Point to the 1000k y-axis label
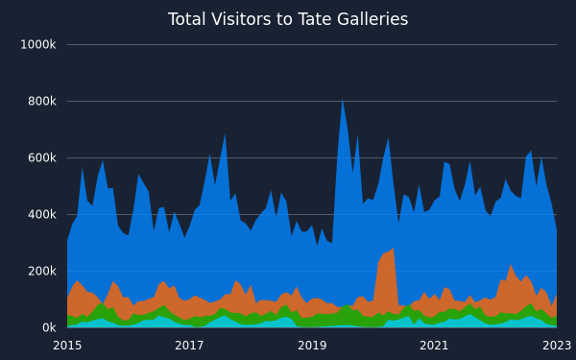37,45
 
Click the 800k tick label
42,102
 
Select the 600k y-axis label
42,158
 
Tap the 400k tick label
42,214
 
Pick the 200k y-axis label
42,271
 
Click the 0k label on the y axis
49,327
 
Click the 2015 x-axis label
67,346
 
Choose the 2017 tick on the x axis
189,346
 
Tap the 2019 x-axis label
312,346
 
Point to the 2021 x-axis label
434,346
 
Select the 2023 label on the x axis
557,346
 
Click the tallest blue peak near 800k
342,99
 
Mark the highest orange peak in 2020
394,249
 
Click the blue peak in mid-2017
225,134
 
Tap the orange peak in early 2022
511,265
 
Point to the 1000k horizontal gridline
312,45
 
